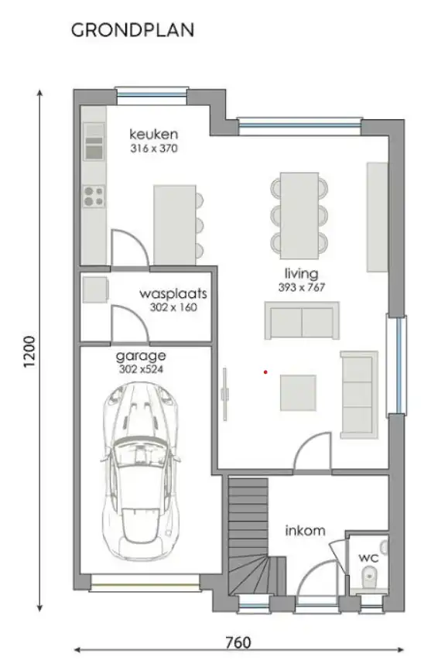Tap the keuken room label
point(153,133)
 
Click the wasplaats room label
point(173,294)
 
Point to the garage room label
point(142,356)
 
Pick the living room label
point(302,273)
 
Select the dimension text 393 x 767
point(302,287)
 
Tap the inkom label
point(305,531)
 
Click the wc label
point(368,556)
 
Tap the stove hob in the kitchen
point(94,197)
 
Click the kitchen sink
point(94,147)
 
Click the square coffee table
point(298,392)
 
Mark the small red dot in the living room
point(265,372)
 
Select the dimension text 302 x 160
point(173,307)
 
